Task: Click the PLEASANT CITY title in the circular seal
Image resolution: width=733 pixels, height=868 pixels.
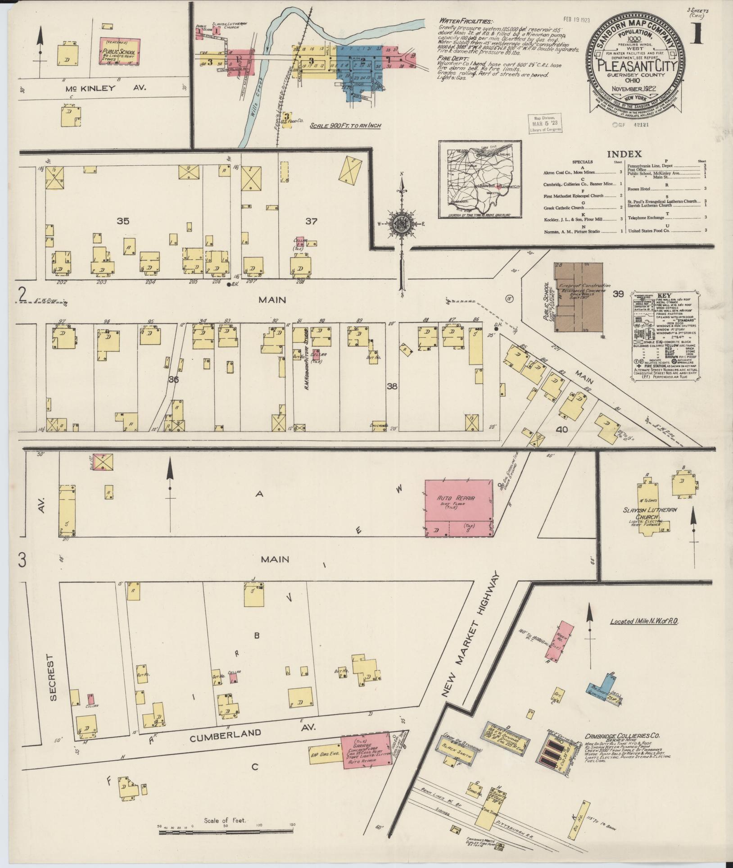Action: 636,68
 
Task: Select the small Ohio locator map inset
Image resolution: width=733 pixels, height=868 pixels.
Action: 480,180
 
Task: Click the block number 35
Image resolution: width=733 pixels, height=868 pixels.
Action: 123,221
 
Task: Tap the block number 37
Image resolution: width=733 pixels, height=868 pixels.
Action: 311,221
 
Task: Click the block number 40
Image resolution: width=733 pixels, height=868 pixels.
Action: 561,430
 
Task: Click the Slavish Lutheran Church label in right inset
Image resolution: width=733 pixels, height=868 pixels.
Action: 650,514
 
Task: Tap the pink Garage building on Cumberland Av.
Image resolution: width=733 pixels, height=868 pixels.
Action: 366,749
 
